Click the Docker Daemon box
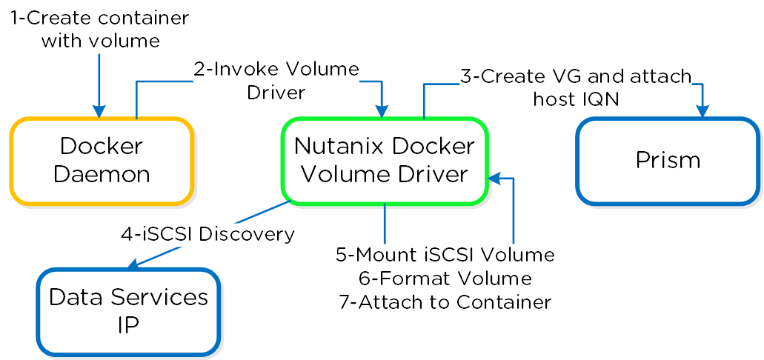pyautogui.click(x=102, y=161)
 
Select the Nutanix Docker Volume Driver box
pyautogui.click(x=384, y=160)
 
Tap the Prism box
pyautogui.click(x=668, y=161)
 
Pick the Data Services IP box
pyautogui.click(x=128, y=311)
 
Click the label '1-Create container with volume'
pyautogui.click(x=100, y=28)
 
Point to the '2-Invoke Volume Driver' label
pyautogui.click(x=276, y=81)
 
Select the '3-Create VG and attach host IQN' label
pyautogui.click(x=576, y=86)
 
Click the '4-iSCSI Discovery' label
pyautogui.click(x=208, y=234)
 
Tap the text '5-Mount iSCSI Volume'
pyautogui.click(x=445, y=255)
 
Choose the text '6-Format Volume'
pyautogui.click(x=445, y=279)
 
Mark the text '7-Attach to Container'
pyautogui.click(x=445, y=302)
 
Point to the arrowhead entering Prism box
pyautogui.click(x=702, y=111)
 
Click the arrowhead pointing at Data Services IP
pyautogui.click(x=133, y=265)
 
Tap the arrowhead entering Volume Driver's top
pyautogui.click(x=382, y=111)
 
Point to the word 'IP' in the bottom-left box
pyautogui.click(x=128, y=325)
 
